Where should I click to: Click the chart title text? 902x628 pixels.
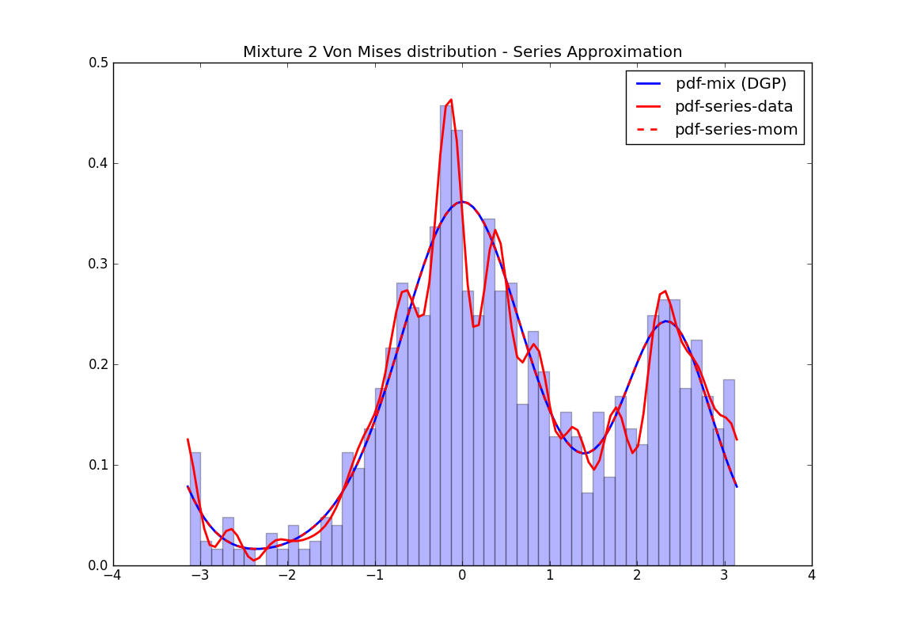click(x=462, y=52)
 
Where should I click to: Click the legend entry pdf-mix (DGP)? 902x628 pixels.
click(x=730, y=84)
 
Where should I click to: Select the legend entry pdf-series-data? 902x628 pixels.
click(x=733, y=106)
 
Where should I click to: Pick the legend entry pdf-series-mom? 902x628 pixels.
click(x=736, y=129)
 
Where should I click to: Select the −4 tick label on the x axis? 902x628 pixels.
click(x=113, y=577)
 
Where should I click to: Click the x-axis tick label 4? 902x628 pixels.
click(x=812, y=577)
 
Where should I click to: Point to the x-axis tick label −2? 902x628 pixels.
click(x=287, y=577)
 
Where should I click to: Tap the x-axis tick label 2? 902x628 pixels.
click(x=637, y=577)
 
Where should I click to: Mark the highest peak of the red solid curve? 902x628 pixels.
click(x=451, y=100)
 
